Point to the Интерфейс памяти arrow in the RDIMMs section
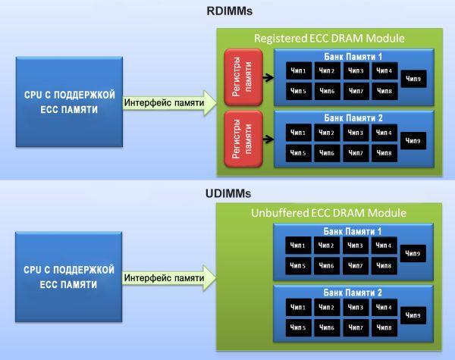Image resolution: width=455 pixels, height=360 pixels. pos(168,103)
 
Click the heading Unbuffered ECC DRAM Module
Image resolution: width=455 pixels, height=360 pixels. pos(328,213)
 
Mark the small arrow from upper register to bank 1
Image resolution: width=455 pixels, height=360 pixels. pos(268,77)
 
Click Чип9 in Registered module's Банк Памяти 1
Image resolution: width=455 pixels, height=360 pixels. pos(414,79)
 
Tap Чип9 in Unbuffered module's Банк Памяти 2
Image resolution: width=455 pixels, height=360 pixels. pos(414,315)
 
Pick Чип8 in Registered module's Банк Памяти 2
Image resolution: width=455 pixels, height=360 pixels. pos(383,152)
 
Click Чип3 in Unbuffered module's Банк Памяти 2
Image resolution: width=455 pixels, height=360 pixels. pos(356,306)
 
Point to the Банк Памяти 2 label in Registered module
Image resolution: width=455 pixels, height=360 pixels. pos(353,117)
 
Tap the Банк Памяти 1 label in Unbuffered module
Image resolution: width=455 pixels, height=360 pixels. pos(353,230)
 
